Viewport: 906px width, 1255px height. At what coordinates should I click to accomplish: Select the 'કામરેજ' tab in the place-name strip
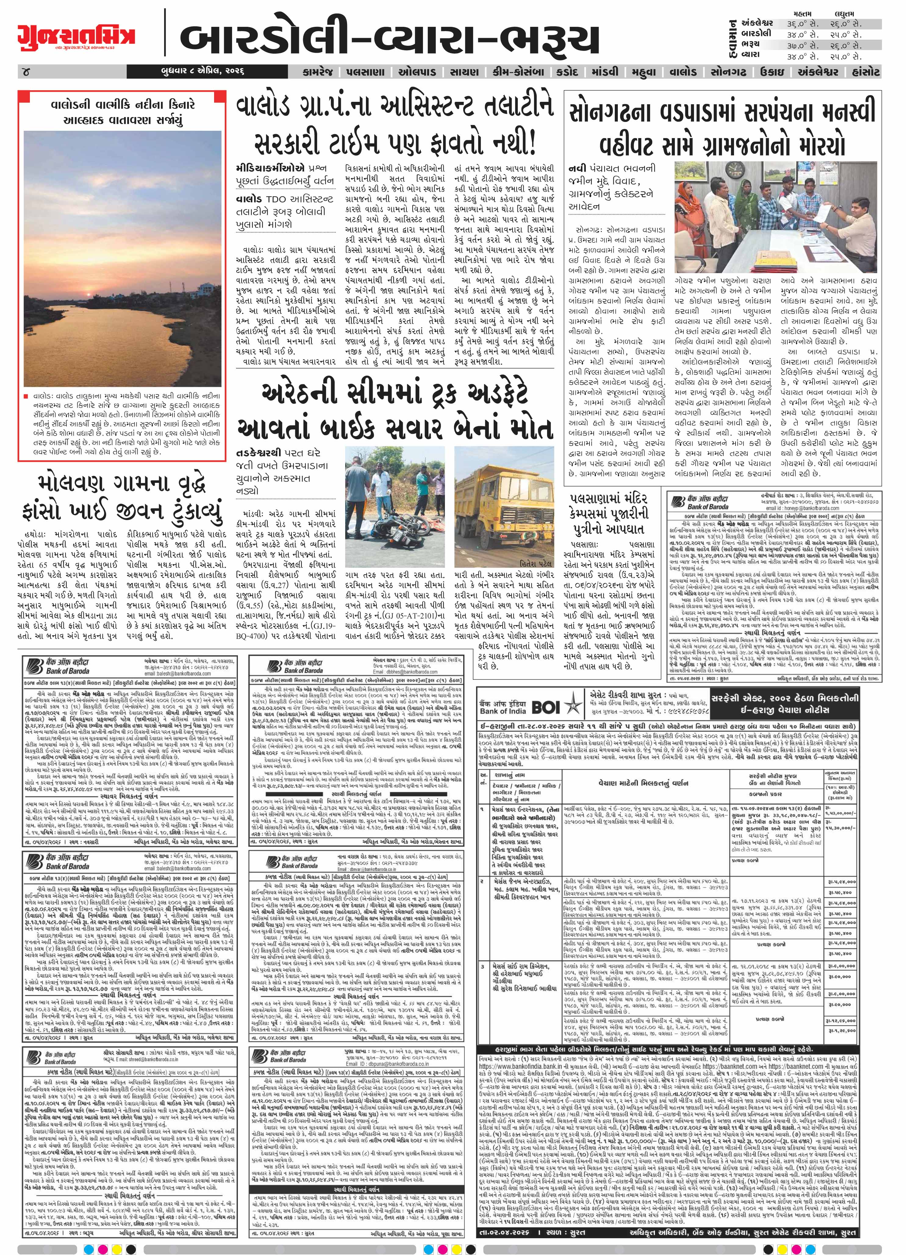coord(318,73)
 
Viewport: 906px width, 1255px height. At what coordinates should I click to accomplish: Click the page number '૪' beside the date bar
coord(25,73)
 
